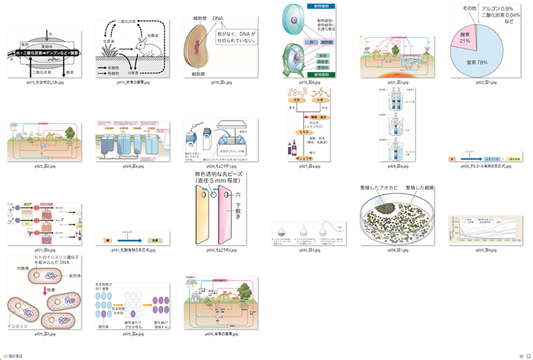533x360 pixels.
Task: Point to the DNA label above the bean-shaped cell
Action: (x=219, y=18)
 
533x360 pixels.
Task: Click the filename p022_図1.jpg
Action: (x=481, y=82)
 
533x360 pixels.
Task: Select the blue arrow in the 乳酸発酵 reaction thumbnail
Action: (x=129, y=239)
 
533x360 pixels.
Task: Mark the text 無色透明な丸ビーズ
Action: (x=220, y=175)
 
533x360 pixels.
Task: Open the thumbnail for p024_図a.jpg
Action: (x=128, y=141)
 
